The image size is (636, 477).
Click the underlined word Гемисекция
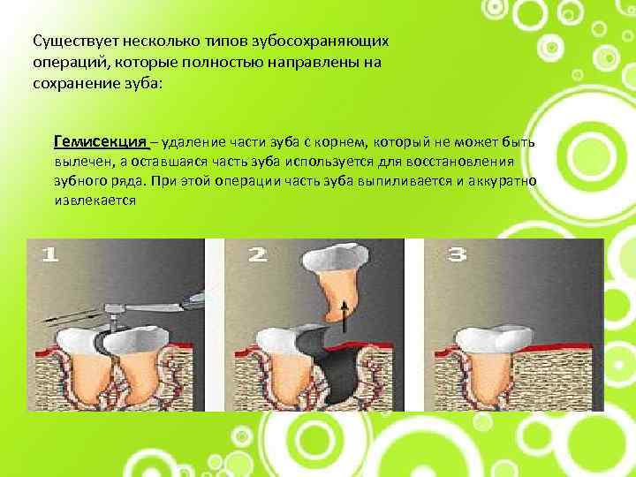pyautogui.click(x=100, y=142)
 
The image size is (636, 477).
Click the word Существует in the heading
pyautogui.click(x=75, y=41)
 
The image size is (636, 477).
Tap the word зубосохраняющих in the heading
pyautogui.click(x=321, y=42)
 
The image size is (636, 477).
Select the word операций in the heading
pyautogui.click(x=70, y=63)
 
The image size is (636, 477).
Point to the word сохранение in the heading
pyautogui.click(x=75, y=84)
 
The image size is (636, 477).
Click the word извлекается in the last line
pyautogui.click(x=95, y=201)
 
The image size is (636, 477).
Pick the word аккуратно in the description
pyautogui.click(x=502, y=181)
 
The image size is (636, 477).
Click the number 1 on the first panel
pyautogui.click(x=50, y=254)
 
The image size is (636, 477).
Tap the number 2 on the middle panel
pyautogui.click(x=258, y=254)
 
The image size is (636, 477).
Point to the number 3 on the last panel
pyautogui.click(x=457, y=254)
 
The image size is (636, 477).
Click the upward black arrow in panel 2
pyautogui.click(x=344, y=315)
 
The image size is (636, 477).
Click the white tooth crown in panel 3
pyautogui.click(x=494, y=337)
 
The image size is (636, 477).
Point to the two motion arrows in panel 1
pyautogui.click(x=72, y=316)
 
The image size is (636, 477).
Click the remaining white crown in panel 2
pyautogui.click(x=279, y=340)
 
